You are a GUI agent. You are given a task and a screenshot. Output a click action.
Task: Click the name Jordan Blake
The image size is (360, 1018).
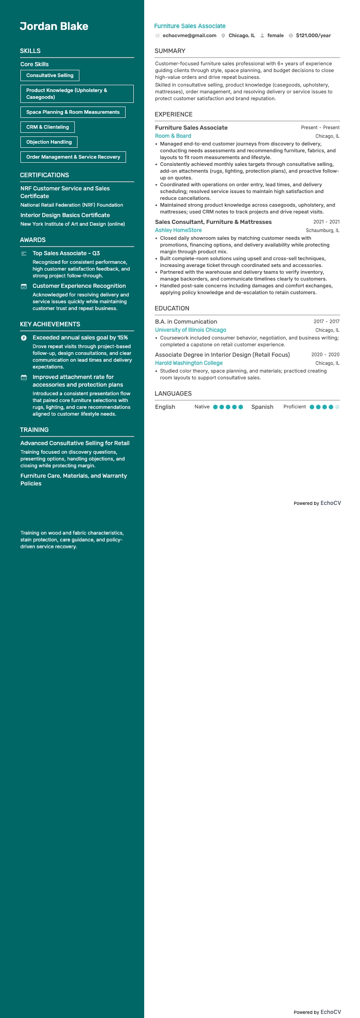tap(54, 26)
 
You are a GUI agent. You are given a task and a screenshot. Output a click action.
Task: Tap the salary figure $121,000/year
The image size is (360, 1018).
tap(313, 35)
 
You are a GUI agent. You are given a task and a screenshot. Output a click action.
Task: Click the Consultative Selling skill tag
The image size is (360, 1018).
tap(50, 75)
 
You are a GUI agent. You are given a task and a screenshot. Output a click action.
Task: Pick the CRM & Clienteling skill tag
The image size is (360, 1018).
tap(48, 127)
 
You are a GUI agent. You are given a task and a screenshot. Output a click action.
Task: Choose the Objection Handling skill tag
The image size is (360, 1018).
tap(49, 142)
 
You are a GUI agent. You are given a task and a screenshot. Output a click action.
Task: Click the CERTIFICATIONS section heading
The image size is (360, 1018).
tap(44, 175)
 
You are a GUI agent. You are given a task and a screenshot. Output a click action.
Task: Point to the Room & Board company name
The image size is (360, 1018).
tap(173, 136)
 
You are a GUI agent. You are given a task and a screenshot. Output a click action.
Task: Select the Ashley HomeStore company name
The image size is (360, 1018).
tap(178, 230)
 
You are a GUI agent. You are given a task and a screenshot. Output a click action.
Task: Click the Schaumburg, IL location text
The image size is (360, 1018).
tap(322, 231)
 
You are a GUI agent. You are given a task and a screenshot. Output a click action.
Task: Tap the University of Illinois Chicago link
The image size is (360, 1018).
tap(190, 330)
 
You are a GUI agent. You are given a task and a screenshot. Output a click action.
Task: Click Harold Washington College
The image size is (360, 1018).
tap(189, 363)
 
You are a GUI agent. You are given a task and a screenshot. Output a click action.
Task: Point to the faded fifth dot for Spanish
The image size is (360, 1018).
tap(337, 407)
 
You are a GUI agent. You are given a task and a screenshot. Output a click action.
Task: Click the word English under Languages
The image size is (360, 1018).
tap(165, 407)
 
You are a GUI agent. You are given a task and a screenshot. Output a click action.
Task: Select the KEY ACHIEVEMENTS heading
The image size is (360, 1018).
tap(50, 324)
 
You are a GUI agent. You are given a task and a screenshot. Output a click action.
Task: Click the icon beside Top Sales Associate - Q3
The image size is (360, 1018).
tap(24, 253)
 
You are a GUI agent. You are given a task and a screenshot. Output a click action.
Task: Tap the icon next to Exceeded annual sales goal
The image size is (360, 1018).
tap(24, 338)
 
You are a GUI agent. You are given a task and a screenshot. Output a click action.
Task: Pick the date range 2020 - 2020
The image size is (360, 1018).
tap(325, 355)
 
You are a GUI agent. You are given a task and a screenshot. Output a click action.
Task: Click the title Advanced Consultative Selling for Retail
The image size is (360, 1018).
tap(75, 443)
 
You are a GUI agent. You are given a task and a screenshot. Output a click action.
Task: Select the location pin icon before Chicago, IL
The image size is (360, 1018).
tap(223, 36)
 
